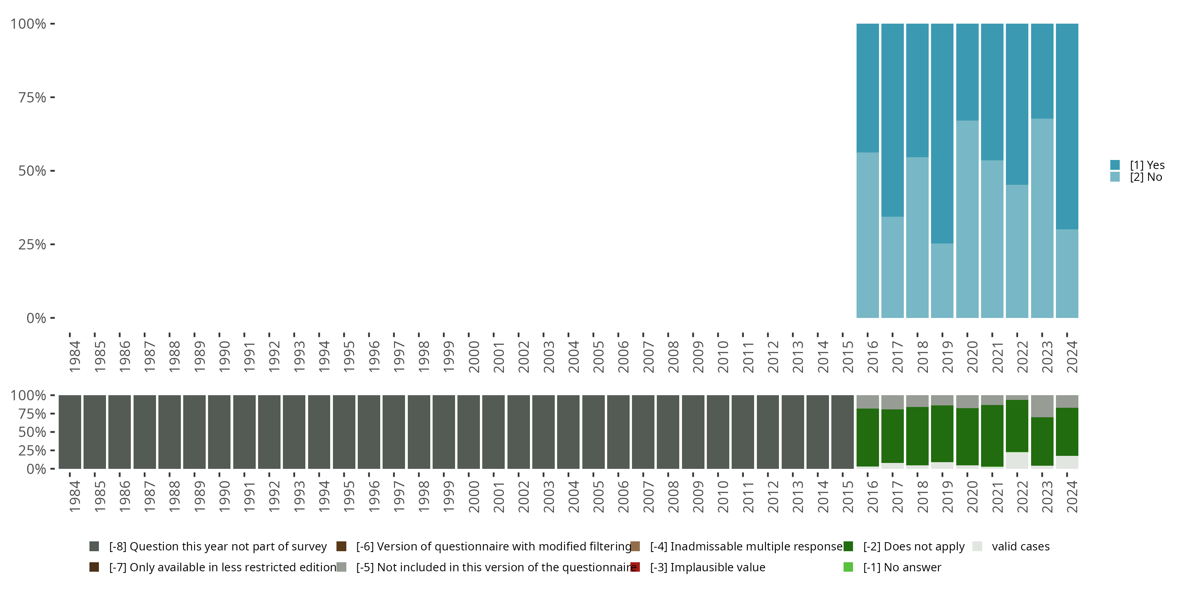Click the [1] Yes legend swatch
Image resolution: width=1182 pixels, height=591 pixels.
[x=1115, y=165]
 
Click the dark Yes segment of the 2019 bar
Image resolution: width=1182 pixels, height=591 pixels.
[x=942, y=133]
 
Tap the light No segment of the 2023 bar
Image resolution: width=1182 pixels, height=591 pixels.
[x=1042, y=218]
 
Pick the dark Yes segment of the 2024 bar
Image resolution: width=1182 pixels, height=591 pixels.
[x=1067, y=126]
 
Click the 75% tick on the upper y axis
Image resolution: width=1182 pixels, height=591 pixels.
[x=32, y=97]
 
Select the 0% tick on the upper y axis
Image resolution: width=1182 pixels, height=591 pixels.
[x=36, y=318]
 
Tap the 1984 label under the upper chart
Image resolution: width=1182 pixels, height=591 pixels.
[x=74, y=357]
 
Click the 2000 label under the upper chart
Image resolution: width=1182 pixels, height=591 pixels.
[x=474, y=357]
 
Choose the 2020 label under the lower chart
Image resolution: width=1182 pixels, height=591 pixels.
[x=972, y=496]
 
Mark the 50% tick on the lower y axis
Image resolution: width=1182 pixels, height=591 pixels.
[x=32, y=432]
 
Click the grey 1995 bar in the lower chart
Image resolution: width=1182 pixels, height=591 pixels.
[x=344, y=432]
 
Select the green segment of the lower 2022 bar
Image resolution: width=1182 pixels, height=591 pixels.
[x=1017, y=426]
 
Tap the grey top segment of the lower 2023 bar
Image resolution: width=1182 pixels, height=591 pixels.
[x=1042, y=406]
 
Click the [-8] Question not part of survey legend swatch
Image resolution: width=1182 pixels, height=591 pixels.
[x=94, y=546]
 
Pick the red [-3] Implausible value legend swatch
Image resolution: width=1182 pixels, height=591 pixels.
[x=635, y=567]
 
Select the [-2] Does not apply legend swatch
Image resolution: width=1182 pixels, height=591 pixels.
[x=848, y=546]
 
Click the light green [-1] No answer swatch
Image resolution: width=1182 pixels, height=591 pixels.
[x=848, y=567]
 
